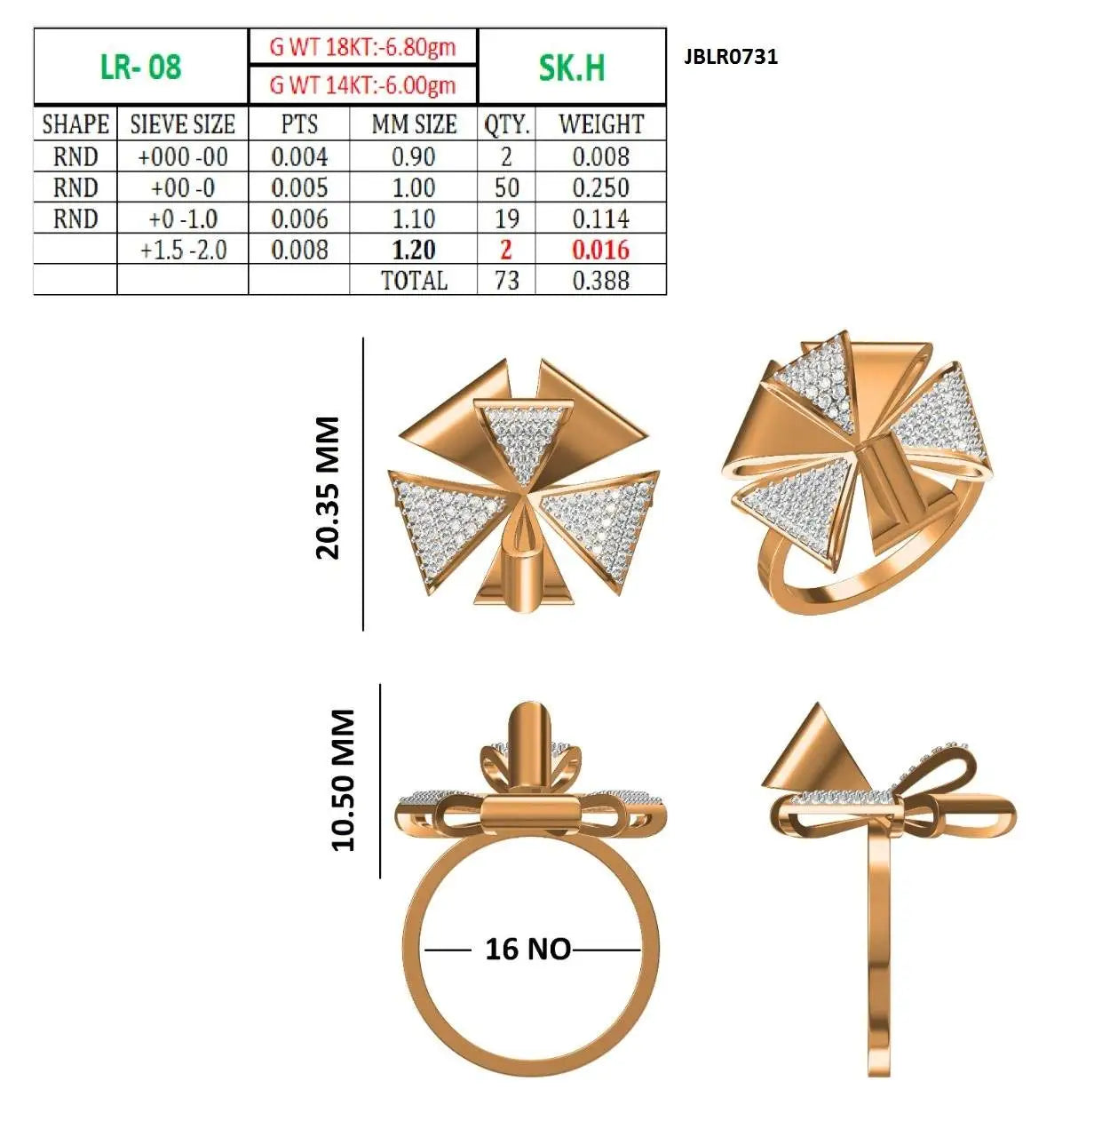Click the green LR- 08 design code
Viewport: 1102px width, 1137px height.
click(140, 67)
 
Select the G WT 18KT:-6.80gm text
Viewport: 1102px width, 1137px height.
click(362, 47)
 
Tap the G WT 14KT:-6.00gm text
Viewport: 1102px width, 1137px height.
click(362, 85)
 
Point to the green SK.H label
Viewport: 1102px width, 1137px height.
click(571, 68)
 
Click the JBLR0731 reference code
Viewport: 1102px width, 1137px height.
click(730, 57)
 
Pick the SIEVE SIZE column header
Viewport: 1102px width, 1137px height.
click(182, 124)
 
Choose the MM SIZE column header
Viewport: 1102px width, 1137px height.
click(414, 124)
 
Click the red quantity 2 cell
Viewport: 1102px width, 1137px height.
click(506, 250)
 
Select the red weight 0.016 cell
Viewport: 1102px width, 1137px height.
click(600, 250)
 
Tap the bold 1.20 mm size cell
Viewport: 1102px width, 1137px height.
click(414, 250)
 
